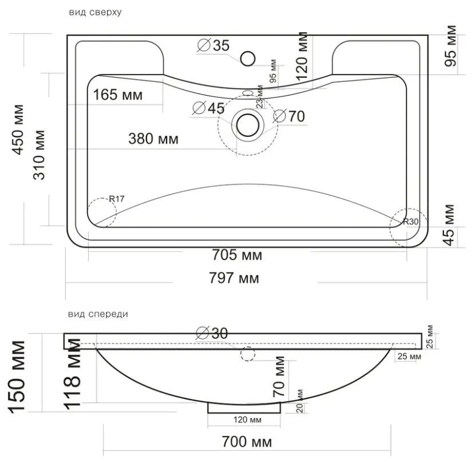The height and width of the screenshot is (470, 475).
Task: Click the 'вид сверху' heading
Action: point(95,13)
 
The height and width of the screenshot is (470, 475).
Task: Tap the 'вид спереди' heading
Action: point(98,314)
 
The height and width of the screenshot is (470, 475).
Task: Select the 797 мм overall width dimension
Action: point(234,278)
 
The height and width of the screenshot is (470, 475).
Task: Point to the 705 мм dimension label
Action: point(237,254)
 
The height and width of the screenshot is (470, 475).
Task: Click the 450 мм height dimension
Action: point(18,130)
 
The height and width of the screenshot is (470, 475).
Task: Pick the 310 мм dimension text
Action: point(39,155)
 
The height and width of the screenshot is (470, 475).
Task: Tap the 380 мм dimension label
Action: point(153,139)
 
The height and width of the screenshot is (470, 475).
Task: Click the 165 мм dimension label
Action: point(117,95)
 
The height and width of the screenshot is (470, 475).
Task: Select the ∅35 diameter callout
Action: point(213,45)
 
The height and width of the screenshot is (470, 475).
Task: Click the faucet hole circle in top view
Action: point(248,58)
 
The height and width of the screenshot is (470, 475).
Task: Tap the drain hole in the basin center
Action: point(248,125)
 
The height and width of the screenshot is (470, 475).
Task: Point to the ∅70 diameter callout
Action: point(289,116)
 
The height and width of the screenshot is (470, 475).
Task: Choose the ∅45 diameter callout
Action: point(208,108)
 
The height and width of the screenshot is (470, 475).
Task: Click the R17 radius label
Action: point(117,199)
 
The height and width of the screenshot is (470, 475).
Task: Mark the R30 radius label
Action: point(410,222)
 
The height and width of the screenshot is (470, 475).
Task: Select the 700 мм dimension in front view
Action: point(247,441)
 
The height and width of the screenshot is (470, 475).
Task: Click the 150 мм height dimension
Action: point(17,377)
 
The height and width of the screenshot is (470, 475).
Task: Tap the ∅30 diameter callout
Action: point(212,333)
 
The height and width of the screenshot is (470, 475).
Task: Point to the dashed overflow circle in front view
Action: point(248,354)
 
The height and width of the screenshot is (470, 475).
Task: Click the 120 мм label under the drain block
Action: point(247,420)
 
